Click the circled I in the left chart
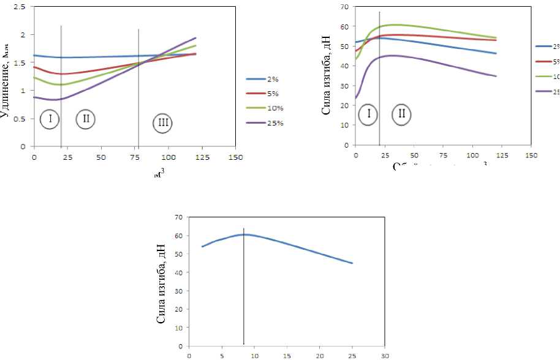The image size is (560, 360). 49,119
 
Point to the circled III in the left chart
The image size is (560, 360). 163,124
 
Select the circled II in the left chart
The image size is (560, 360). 86,119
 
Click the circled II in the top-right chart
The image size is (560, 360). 402,113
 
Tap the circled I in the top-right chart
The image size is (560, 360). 369,113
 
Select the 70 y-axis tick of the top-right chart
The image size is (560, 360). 344,7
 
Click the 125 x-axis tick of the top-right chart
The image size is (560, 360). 502,156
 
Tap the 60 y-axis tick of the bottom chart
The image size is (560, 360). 179,235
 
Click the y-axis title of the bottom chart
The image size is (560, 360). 162,282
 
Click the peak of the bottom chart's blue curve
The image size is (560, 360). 244,234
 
